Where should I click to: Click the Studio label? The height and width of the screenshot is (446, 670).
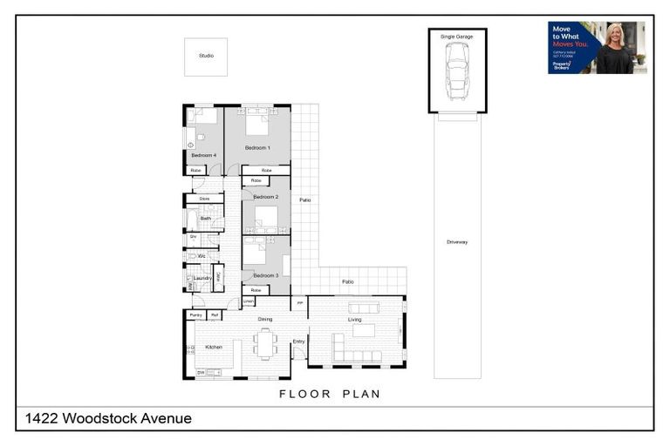pyautogui.click(x=206, y=56)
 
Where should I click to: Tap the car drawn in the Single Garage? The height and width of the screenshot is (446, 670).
pyautogui.click(x=456, y=71)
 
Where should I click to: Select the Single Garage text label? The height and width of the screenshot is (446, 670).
pyautogui.click(x=456, y=37)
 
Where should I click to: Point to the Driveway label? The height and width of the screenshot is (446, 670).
pyautogui.click(x=457, y=241)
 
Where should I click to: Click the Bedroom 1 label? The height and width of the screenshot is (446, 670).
pyautogui.click(x=257, y=148)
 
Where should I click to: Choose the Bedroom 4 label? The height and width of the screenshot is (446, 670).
pyautogui.click(x=203, y=155)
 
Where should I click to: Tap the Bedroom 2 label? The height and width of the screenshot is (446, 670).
pyautogui.click(x=265, y=197)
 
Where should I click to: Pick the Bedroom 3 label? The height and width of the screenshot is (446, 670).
pyautogui.click(x=265, y=275)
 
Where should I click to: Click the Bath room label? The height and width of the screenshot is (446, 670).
pyautogui.click(x=205, y=218)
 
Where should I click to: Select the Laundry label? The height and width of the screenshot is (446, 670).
pyautogui.click(x=202, y=278)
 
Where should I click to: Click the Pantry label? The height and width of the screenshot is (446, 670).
pyautogui.click(x=195, y=314)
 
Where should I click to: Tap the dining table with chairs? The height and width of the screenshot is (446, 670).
pyautogui.click(x=265, y=345)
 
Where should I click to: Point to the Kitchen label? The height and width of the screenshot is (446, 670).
pyautogui.click(x=214, y=347)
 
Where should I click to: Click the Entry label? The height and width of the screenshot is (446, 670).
pyautogui.click(x=298, y=341)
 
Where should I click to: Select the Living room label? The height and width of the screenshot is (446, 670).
pyautogui.click(x=355, y=320)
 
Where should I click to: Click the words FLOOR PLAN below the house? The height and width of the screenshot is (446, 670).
pyautogui.click(x=330, y=394)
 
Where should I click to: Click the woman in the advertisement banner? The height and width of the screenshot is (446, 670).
pyautogui.click(x=614, y=51)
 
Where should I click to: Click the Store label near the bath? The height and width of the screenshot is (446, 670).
pyautogui.click(x=204, y=199)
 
